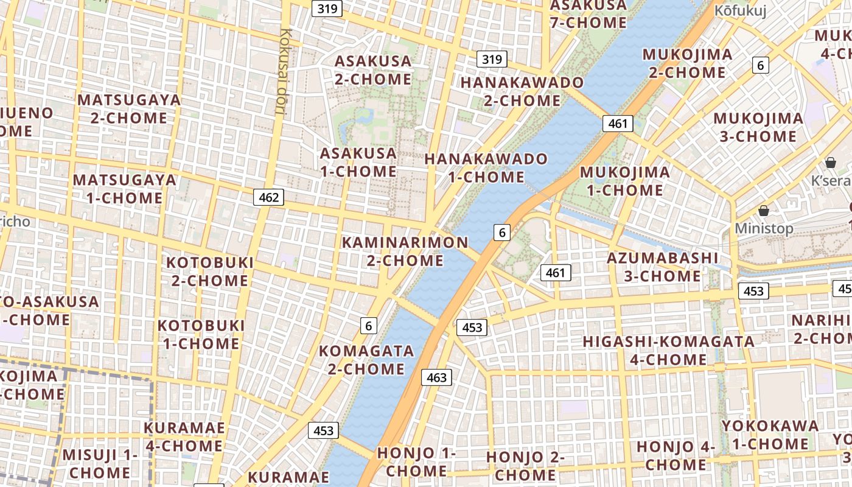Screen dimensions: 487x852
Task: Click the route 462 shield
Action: click(x=268, y=197)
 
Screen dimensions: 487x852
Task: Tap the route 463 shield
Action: click(x=436, y=377)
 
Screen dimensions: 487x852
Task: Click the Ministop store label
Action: click(x=764, y=228)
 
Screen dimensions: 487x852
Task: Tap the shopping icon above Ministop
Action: click(x=764, y=211)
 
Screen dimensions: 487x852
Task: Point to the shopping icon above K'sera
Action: click(x=831, y=163)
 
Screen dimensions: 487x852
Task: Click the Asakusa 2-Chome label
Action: click(x=373, y=70)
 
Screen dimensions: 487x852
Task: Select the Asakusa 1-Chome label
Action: click(x=358, y=162)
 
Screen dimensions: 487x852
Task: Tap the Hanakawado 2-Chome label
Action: click(x=522, y=91)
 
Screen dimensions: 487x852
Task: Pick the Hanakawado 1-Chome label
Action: click(x=486, y=168)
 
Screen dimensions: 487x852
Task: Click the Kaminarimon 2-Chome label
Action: click(x=405, y=251)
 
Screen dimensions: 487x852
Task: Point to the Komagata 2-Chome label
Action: click(x=366, y=360)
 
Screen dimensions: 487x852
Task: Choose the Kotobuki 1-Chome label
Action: click(x=201, y=334)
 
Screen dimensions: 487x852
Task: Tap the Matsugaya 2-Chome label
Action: click(x=129, y=108)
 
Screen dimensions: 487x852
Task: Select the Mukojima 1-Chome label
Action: click(x=624, y=181)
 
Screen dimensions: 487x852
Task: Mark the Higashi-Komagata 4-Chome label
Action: click(x=669, y=350)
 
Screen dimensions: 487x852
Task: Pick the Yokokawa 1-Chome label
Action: click(x=770, y=435)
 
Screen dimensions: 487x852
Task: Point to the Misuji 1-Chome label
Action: click(x=100, y=463)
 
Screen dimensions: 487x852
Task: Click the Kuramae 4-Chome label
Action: click(x=184, y=436)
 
